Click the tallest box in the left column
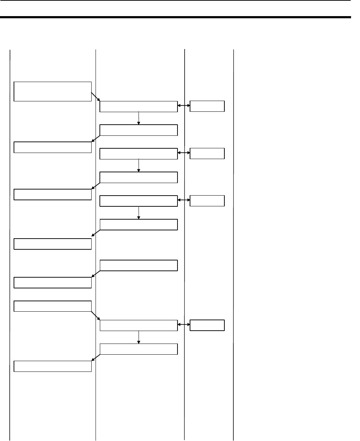point(53,91)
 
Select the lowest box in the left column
point(53,366)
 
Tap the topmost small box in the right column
point(207,106)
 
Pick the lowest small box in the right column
point(207,325)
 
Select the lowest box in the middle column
point(138,349)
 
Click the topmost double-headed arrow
point(184,106)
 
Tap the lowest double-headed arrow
point(184,325)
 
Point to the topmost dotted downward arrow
point(138,119)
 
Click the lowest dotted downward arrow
point(138,337)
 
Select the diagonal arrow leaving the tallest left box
point(96,97)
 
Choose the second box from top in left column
point(53,147)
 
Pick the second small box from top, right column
point(207,153)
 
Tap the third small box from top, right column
point(207,201)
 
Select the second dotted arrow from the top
point(138,166)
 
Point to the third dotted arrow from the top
point(138,213)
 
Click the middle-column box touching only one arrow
point(138,265)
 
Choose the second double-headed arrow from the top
point(184,153)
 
